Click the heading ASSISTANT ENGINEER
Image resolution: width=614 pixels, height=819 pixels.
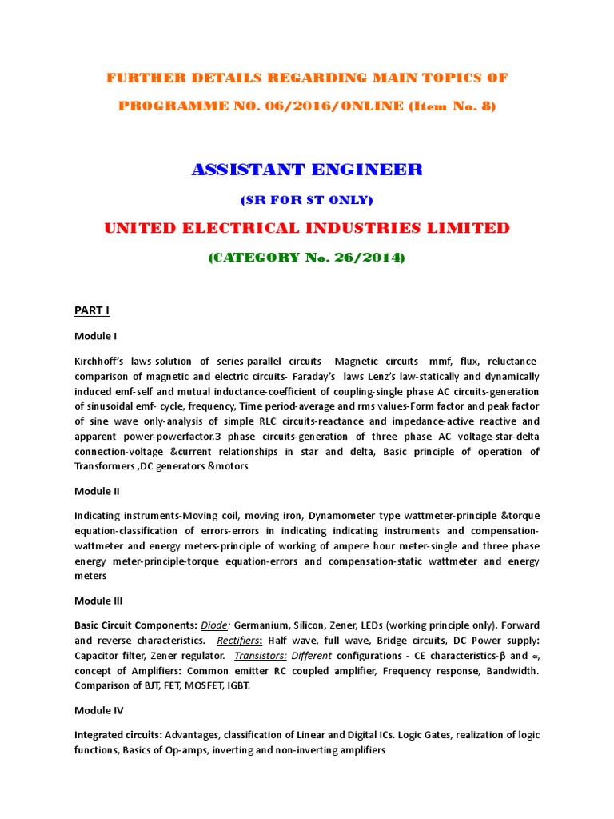coord(307,169)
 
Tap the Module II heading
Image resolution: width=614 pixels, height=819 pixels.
coord(97,491)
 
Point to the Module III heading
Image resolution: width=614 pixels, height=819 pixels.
coord(98,601)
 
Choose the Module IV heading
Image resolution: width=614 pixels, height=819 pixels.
coord(98,709)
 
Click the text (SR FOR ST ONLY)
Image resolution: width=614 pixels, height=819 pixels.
coord(307,199)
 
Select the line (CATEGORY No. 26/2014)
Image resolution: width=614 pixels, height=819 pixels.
coord(307,258)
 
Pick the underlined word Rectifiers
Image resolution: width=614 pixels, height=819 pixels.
coord(240,641)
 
